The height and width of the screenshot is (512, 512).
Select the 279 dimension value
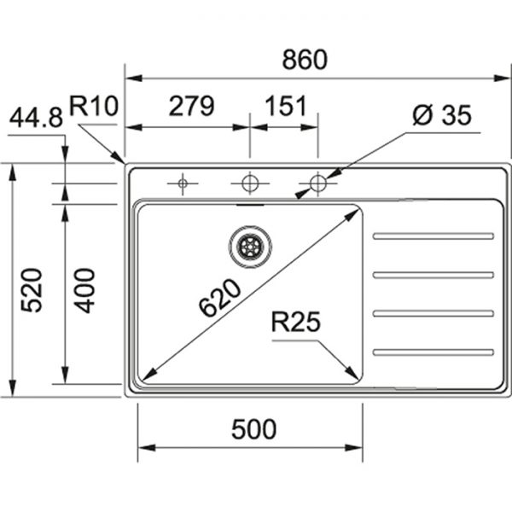(x=190, y=107)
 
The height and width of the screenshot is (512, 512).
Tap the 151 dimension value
(x=285, y=107)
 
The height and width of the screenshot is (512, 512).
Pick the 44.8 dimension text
(x=36, y=119)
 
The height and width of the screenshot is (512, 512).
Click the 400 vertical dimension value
(x=83, y=290)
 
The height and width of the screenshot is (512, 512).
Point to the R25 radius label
(x=295, y=322)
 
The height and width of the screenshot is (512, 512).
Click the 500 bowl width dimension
(x=253, y=430)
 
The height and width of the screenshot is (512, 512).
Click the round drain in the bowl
(x=250, y=247)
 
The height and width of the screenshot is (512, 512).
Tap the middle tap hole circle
(x=249, y=183)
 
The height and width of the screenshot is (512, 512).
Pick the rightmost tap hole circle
(x=317, y=183)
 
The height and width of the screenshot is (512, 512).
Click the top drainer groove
(x=433, y=236)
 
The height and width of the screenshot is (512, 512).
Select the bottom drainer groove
(x=433, y=352)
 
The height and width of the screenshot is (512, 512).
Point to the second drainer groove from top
(x=433, y=275)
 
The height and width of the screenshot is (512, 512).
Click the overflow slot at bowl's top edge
(x=250, y=205)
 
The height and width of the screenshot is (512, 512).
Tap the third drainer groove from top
(x=433, y=313)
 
